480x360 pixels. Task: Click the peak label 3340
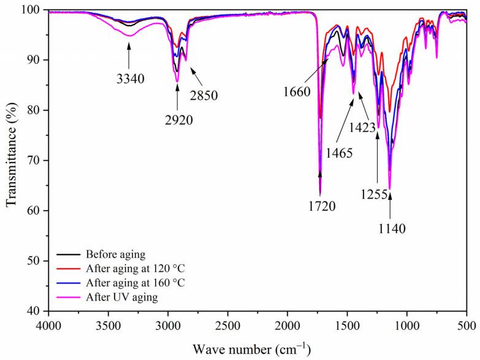coord(129,79)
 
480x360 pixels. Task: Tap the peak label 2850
coord(204,95)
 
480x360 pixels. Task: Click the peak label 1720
coord(321,205)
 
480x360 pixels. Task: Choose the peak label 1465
coord(339,153)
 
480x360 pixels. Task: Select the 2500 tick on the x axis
coord(227,323)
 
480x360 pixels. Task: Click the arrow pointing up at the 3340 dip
coord(129,55)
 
